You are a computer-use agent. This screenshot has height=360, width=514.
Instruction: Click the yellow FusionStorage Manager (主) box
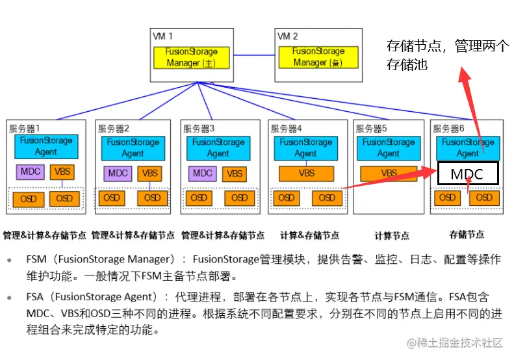(x=192, y=57)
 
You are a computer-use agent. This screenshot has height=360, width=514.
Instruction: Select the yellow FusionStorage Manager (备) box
(x=317, y=57)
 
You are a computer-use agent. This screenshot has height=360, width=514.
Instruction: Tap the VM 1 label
(x=162, y=36)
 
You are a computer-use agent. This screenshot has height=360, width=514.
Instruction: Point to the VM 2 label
(x=288, y=36)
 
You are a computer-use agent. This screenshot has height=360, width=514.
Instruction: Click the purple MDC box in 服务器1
(x=31, y=172)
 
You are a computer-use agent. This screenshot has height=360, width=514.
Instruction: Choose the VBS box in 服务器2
(x=150, y=174)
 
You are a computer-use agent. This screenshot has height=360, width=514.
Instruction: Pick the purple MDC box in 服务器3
(x=203, y=174)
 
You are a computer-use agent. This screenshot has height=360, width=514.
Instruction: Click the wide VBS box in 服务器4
(x=306, y=174)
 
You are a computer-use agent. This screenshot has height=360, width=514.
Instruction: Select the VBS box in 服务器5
(x=389, y=174)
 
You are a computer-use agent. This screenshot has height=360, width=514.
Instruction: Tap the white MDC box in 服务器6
(x=468, y=174)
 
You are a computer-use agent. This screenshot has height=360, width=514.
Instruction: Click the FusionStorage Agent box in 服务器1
(x=46, y=146)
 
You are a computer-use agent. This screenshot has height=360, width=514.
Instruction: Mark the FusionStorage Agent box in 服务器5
(x=388, y=148)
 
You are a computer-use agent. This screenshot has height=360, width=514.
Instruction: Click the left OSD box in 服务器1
(x=28, y=198)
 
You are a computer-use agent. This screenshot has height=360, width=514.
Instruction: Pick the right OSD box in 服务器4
(x=327, y=198)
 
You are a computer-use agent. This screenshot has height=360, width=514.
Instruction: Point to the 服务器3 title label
(x=198, y=129)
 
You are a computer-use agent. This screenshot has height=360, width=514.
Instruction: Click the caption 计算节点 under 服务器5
(x=392, y=235)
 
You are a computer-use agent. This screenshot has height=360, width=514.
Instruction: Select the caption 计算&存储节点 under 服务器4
(x=309, y=235)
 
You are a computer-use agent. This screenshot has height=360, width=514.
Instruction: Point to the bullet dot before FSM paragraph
(x=8, y=260)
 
